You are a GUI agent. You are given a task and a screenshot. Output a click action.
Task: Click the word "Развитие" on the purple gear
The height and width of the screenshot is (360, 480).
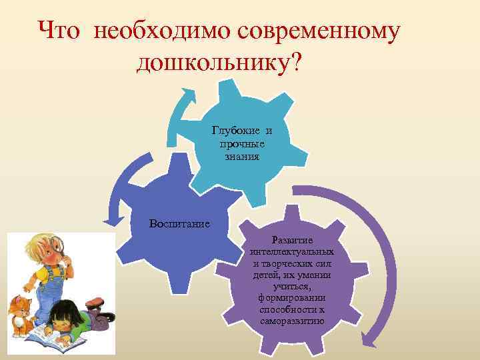tap(291, 239)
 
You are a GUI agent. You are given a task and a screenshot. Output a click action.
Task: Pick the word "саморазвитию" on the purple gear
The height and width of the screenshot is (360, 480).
tap(292, 321)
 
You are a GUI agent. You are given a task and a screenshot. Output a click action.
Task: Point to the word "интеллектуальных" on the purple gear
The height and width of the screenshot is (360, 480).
tap(292, 252)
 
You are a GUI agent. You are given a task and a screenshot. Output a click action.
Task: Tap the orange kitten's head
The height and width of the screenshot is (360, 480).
tap(19, 308)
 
